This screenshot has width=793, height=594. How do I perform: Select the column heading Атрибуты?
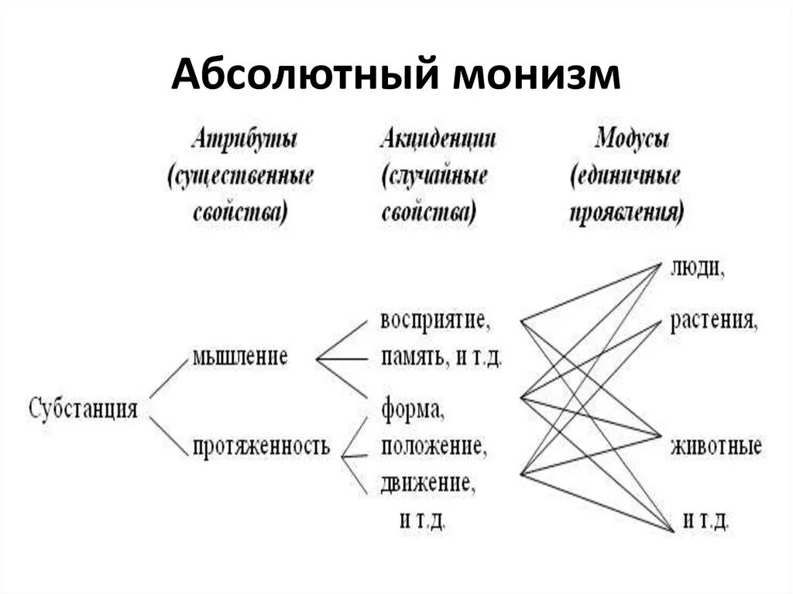pos(245,140)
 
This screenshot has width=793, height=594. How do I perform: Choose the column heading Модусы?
pos(632,140)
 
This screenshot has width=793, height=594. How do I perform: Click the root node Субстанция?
pos(84,409)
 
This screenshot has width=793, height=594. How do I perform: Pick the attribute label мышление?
pos(240,357)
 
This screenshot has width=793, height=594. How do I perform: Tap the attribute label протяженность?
pos(262,446)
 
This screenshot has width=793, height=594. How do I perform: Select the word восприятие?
pos(435,320)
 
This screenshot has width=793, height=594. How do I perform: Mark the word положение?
pos(434,447)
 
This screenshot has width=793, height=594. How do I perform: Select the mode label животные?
pos(716,447)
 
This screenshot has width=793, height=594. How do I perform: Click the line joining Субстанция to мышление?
pos(167,379)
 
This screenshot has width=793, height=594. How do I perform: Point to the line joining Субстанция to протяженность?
pos(167,435)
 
